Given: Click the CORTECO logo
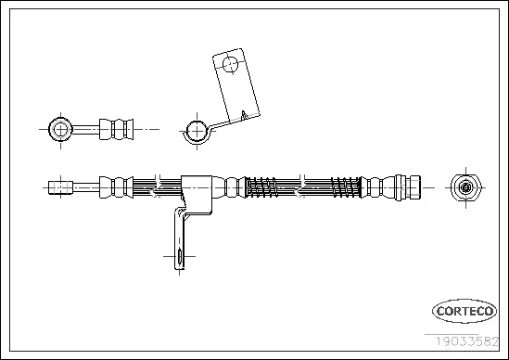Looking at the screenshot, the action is click(x=460, y=313).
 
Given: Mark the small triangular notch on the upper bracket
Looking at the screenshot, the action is click(x=242, y=115).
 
